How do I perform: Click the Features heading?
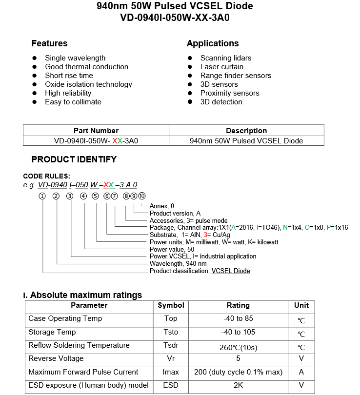coord(49,43)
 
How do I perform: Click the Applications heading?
coord(213,43)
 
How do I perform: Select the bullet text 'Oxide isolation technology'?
coord(88,84)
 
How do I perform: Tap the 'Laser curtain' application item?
coord(221,67)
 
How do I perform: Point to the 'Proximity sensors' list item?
coord(229,93)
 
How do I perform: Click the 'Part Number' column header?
coord(96,131)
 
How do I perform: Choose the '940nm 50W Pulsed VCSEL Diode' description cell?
coord(246,141)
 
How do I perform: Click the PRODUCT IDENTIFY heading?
coord(74,159)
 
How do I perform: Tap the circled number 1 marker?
coord(42,196)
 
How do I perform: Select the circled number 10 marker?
coord(141,196)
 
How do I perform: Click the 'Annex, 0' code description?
coord(161,206)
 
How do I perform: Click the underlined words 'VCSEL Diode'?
coord(230,271)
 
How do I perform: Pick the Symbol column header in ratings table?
coord(171,305)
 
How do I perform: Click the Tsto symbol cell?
coord(171,332)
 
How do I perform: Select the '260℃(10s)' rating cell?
coord(238,348)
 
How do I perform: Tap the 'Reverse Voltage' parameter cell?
coord(56,358)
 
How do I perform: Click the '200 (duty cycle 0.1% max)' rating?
coord(238,372)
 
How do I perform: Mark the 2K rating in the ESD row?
coord(238,385)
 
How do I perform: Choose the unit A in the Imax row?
coord(301,372)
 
